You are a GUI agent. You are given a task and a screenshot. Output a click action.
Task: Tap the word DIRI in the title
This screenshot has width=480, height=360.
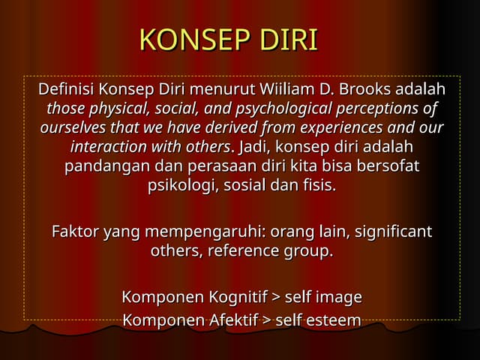tap(289, 40)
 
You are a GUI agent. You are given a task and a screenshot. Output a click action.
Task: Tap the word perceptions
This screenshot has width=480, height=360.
tap(382, 108)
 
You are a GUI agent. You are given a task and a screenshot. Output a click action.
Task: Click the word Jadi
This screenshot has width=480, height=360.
tap(253, 145)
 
